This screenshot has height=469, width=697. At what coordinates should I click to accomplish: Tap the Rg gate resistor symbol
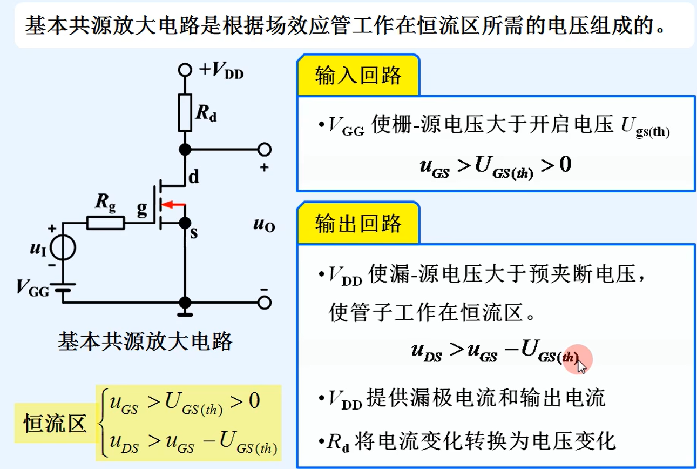(x=105, y=223)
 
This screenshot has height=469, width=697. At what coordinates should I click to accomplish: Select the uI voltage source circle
(x=63, y=249)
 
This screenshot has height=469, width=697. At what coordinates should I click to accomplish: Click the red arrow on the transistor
(x=173, y=205)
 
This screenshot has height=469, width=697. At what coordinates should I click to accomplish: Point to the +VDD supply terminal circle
(x=185, y=70)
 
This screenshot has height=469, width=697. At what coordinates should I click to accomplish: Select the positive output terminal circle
(x=264, y=150)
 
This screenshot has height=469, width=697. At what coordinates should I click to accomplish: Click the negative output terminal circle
(x=264, y=303)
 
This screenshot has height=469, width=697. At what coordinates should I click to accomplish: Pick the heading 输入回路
(x=358, y=76)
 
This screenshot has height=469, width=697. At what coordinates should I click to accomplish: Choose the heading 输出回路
(x=358, y=223)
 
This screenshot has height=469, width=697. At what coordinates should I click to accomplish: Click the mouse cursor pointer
(x=581, y=366)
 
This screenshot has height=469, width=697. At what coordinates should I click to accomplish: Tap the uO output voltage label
(x=264, y=224)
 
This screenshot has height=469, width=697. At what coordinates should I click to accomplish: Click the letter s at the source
(x=193, y=233)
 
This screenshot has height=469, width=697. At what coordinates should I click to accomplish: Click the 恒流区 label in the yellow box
(x=55, y=424)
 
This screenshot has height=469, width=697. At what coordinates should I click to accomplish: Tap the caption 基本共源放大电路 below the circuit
(x=145, y=341)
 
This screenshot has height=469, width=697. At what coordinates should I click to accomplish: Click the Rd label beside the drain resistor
(x=206, y=114)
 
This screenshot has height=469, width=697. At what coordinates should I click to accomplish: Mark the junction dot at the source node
(x=185, y=223)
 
